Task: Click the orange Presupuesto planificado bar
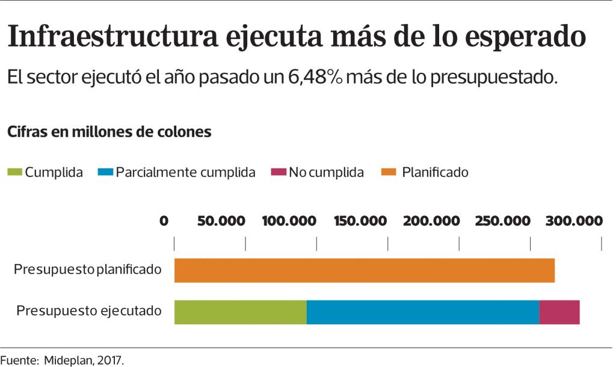[364, 270]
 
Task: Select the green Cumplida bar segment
[240, 312]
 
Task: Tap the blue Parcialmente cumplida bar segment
[422, 312]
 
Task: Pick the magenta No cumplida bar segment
[559, 312]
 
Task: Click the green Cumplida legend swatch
[14, 173]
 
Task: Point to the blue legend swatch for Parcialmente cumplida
[105, 173]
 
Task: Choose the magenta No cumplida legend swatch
[279, 173]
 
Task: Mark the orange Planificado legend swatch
[389, 173]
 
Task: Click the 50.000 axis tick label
[221, 221]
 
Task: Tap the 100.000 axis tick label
[289, 221]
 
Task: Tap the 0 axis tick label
[164, 221]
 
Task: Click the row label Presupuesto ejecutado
[88, 311]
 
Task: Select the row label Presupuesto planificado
[88, 269]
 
